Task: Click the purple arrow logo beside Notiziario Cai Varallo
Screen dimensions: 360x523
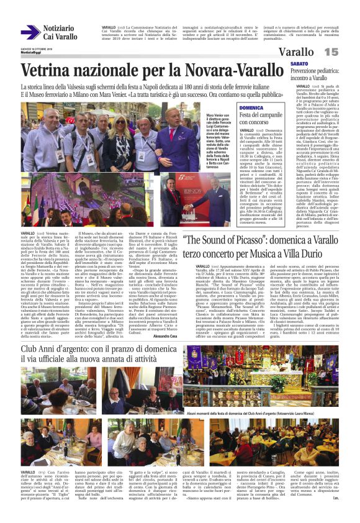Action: (30, 32)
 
